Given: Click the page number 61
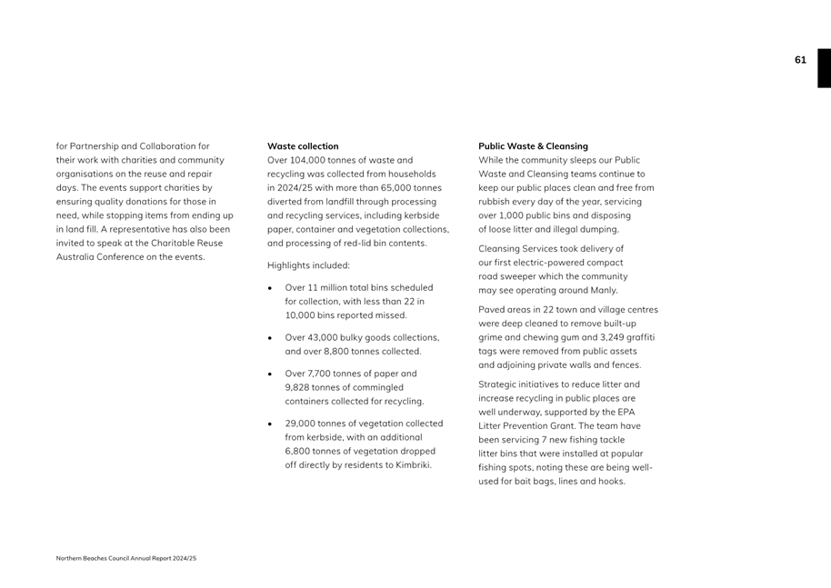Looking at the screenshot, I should (x=800, y=60).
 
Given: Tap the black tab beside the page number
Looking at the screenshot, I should (x=824, y=68).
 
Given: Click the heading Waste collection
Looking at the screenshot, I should (x=303, y=146).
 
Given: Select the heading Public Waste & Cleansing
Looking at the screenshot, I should (x=533, y=146).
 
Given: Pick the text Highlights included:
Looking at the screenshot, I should (x=308, y=265).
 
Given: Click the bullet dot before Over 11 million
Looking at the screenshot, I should (x=271, y=287).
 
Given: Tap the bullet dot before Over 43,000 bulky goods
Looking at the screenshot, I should (x=271, y=337).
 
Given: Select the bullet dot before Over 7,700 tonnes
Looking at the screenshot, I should (x=271, y=374).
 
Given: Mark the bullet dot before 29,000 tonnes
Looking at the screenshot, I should (x=271, y=424).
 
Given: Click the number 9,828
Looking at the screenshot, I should (x=301, y=387).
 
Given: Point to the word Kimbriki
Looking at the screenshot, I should (x=411, y=464).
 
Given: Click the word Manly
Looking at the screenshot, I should (x=601, y=290).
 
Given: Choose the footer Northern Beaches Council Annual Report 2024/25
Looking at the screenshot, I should (x=126, y=558).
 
